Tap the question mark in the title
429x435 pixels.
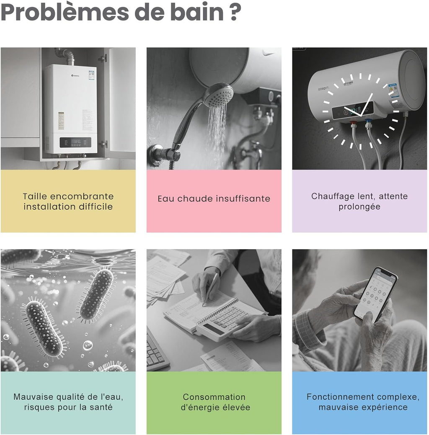tap(235, 12)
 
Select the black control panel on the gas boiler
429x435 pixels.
tap(75, 142)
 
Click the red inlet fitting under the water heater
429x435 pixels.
tap(353, 124)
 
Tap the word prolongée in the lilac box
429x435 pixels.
tap(359, 207)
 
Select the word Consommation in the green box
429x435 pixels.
tap(214, 397)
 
